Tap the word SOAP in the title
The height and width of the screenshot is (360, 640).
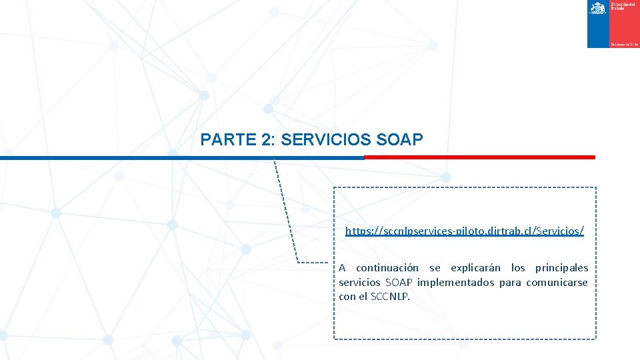[x=399, y=140]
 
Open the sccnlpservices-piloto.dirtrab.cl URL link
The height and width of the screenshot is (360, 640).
[x=465, y=231]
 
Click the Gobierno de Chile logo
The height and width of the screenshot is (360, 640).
[x=613, y=24]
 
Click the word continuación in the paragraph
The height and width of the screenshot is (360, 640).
[x=387, y=268]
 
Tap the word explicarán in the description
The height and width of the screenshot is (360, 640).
[x=476, y=268]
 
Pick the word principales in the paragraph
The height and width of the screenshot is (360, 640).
[x=561, y=268]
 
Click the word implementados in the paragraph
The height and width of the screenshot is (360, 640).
[x=456, y=283]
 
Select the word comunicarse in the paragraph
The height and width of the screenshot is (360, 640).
[x=557, y=283]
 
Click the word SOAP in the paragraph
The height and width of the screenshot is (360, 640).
[x=399, y=283]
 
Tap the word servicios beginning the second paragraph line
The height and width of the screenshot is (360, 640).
[x=359, y=283]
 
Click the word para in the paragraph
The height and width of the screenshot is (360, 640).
[x=510, y=283]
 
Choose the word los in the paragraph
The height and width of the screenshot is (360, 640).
[x=518, y=268]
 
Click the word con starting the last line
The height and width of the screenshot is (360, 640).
[x=347, y=297]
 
